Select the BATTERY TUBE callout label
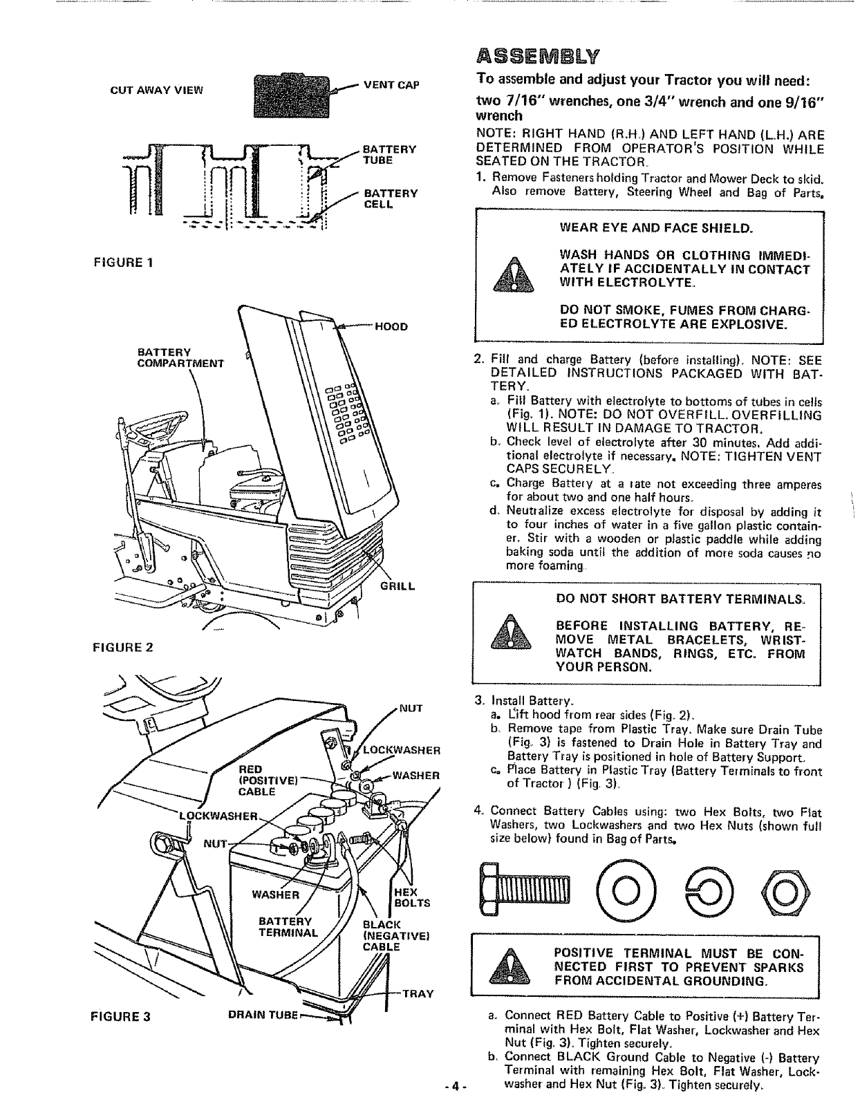click(x=389, y=154)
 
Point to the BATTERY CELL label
click(x=391, y=198)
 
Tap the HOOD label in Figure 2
click(x=391, y=326)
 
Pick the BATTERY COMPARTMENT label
click(x=181, y=357)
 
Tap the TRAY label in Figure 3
click(x=418, y=994)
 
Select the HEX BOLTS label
click(x=411, y=897)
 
